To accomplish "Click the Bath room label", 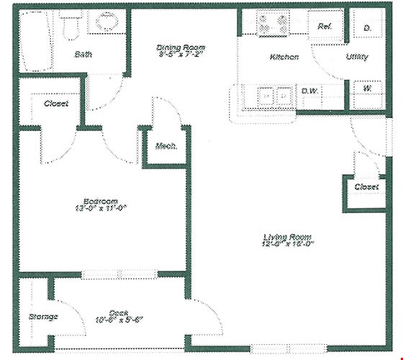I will [x=83, y=54].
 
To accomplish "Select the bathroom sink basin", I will [x=107, y=22].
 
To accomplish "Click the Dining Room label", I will [x=181, y=49].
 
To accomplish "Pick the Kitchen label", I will [x=284, y=57].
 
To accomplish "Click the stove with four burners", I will [x=274, y=24].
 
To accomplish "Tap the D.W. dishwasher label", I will [x=310, y=91].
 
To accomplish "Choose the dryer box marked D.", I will [x=367, y=27].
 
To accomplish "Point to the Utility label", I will [x=357, y=56].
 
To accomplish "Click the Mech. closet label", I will [x=166, y=146].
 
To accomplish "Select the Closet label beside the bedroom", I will [x=56, y=104].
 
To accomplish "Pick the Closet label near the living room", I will [x=367, y=187].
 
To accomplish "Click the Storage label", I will [x=42, y=316].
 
